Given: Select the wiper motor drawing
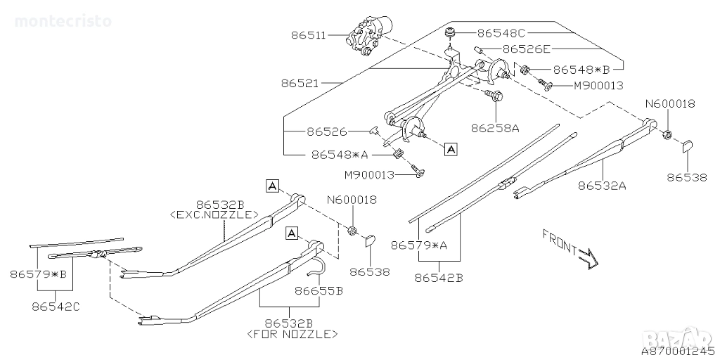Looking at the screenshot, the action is (x=371, y=37).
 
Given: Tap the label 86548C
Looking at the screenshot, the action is (x=501, y=33).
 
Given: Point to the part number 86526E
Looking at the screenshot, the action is (x=526, y=49).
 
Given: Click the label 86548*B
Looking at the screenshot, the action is (x=581, y=70).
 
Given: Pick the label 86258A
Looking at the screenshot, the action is (x=495, y=128).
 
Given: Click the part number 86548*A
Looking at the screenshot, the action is (x=340, y=155).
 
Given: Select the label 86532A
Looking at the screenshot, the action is (x=602, y=186).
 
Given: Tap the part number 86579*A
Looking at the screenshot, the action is (x=419, y=245).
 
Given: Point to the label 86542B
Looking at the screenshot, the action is (x=439, y=278).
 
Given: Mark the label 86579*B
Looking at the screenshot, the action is (x=38, y=275).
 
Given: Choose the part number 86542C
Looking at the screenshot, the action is (x=56, y=307).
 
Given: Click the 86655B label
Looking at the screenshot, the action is (x=319, y=290).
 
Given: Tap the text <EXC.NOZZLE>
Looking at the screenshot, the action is (x=214, y=214).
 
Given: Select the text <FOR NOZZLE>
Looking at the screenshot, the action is (x=292, y=334).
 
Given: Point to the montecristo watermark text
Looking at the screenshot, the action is (x=63, y=21).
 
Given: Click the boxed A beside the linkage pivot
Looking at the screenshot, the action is (x=451, y=148).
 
